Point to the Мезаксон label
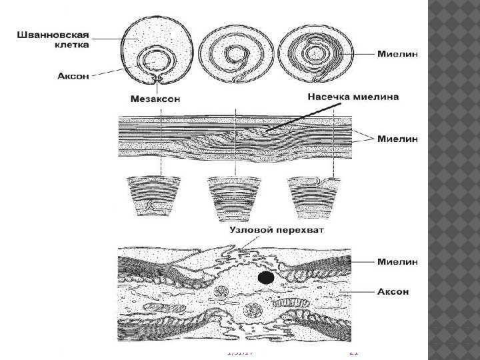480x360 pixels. click(x=152, y=99)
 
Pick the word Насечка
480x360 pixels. click(x=329, y=97)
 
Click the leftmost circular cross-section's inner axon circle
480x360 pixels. click(x=157, y=61)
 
